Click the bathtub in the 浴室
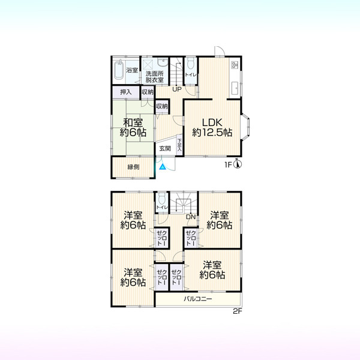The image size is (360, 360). pos(119,70)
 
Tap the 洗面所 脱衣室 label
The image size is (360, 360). pos(155,77)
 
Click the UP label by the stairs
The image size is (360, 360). pos(177,89)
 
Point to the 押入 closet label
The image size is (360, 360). pos(125,92)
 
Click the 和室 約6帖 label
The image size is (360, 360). pos(133,127)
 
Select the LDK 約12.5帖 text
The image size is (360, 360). pos(212,127)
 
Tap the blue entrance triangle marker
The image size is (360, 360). pos(163,167)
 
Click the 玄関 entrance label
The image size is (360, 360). pos(165,149)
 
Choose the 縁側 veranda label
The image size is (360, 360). pos(133,167)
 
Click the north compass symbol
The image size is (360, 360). pos(238,164)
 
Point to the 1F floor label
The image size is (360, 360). pos(228,164)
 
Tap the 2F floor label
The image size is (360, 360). pos(238,311)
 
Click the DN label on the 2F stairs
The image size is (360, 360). pos(191,217)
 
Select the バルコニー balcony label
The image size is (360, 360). pos(197,299)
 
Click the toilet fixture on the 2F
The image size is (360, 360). pos(162,198)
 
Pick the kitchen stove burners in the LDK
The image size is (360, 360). pos(235,65)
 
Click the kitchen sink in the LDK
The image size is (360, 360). pos(235,88)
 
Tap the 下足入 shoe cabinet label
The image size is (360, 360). pos(179,145)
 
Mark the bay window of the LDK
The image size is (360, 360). pos(245,126)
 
